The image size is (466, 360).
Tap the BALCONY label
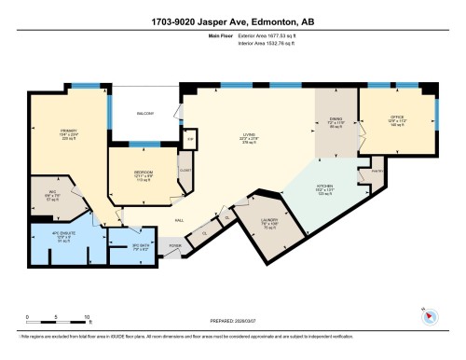click(145, 114)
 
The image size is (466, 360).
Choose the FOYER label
click(173, 245)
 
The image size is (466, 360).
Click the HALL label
click(178, 221)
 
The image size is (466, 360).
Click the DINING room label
click(336, 120)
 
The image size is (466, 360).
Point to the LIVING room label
click(249, 135)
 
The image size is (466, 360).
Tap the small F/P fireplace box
click(190, 139)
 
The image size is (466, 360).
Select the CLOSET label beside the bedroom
click(185, 171)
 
